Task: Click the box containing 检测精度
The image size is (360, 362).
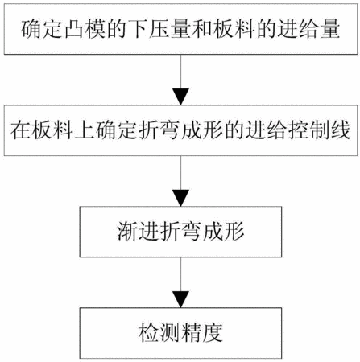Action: pyautogui.click(x=180, y=333)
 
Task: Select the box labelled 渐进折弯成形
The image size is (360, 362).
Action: pyautogui.click(x=180, y=232)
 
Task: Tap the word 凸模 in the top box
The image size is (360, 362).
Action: pyautogui.click(x=85, y=29)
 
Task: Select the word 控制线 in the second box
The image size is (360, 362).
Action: pyautogui.click(x=319, y=130)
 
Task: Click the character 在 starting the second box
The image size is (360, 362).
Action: pyautogui.click(x=20, y=130)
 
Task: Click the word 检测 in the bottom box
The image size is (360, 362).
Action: pyautogui.click(x=159, y=333)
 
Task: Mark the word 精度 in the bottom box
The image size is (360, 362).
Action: pyautogui.click(x=202, y=333)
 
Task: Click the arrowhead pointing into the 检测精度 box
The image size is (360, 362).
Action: pyautogui.click(x=180, y=299)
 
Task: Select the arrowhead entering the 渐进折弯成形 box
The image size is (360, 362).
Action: pyautogui.click(x=180, y=198)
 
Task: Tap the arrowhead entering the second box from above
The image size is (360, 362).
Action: pyautogui.click(x=180, y=97)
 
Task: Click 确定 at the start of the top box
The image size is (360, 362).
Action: pyautogui.click(x=42, y=29)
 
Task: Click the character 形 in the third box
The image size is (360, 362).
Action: pyautogui.click(x=234, y=232)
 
